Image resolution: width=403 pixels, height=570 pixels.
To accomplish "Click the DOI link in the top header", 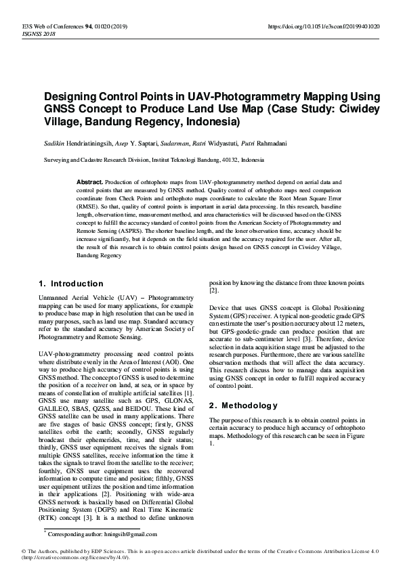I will (324, 26).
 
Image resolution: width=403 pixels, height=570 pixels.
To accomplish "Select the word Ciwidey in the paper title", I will (358, 110).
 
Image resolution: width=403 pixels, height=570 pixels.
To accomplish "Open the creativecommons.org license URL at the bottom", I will (77, 558).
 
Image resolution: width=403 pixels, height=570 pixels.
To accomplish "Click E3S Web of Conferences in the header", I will (62, 26).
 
